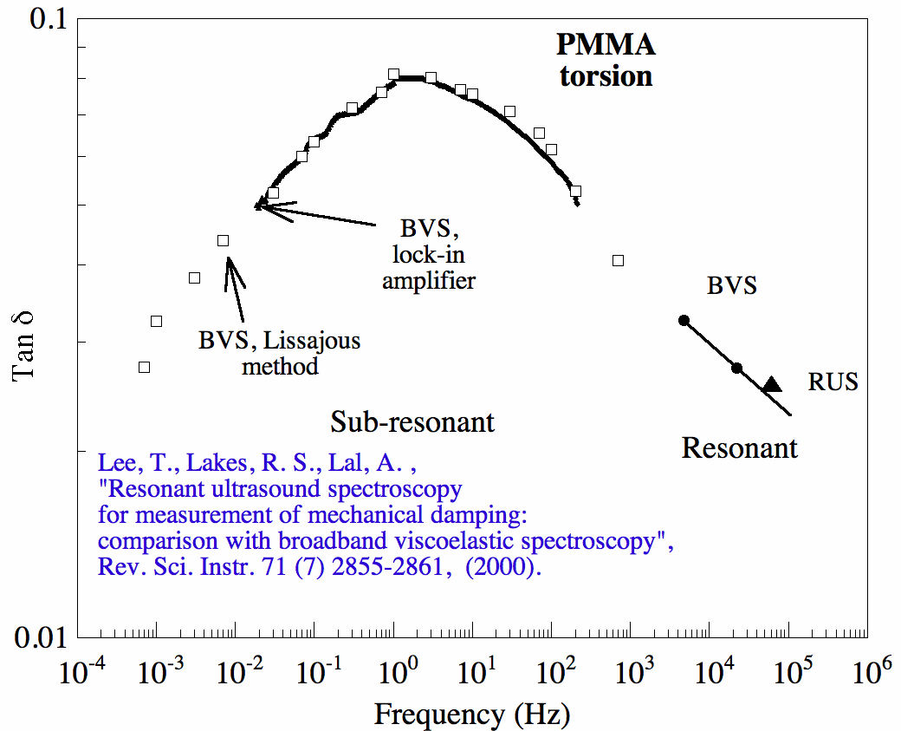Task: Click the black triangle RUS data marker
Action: pyautogui.click(x=772, y=384)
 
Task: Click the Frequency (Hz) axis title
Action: pyautogui.click(x=472, y=715)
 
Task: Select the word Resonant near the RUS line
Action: pyautogui.click(x=739, y=448)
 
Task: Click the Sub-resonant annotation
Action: pyautogui.click(x=412, y=422)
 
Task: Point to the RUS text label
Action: pyautogui.click(x=833, y=382)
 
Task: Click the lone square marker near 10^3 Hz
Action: pyautogui.click(x=618, y=260)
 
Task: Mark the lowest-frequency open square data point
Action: pyautogui.click(x=145, y=367)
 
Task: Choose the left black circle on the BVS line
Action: pyautogui.click(x=684, y=320)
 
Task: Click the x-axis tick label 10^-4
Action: pyautogui.click(x=81, y=670)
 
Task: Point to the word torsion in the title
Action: pyautogui.click(x=606, y=76)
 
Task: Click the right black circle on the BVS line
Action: pyautogui.click(x=737, y=368)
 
